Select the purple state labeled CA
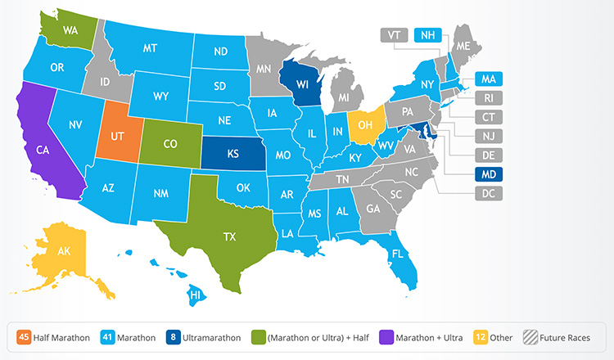tap(43, 151)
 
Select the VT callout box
tap(394, 35)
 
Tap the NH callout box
tap(427, 35)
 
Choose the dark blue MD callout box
tap(489, 174)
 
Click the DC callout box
tap(489, 193)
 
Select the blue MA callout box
tap(489, 79)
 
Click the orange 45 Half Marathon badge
tap(25, 336)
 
